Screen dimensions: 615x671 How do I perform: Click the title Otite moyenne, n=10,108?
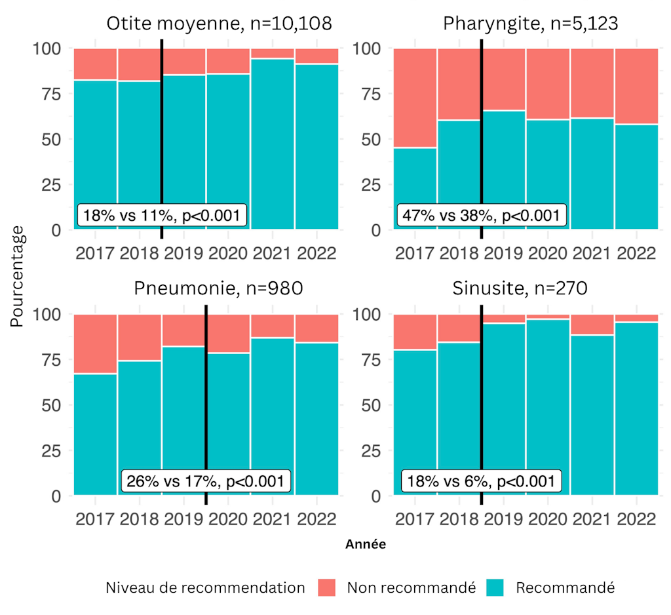219,24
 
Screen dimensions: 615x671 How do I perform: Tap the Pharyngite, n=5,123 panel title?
531,24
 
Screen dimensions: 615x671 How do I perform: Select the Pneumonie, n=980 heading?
218,289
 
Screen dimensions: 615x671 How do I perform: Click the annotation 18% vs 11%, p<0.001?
163,216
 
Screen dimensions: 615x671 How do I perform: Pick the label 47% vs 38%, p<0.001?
480,216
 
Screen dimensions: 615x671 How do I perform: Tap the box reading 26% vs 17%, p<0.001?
206,481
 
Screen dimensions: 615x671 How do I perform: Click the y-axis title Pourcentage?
18,277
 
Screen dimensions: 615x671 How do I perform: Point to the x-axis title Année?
366,544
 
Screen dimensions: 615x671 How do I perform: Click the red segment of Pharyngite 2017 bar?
415,98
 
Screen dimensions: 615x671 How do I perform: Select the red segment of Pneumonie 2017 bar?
96,344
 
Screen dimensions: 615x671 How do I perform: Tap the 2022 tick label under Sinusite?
636,519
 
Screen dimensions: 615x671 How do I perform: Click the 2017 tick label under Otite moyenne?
96,254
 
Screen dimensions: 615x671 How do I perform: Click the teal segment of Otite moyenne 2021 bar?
273,144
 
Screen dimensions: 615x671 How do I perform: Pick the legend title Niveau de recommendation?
205,587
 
